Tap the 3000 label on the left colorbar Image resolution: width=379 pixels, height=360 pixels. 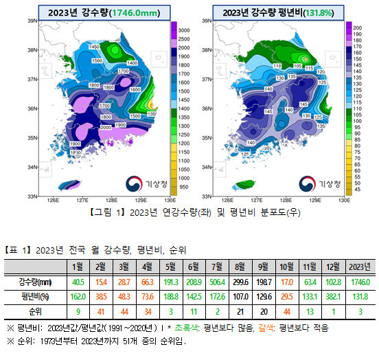[x=185, y=31]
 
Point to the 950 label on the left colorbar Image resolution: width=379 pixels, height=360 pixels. [x=183, y=186]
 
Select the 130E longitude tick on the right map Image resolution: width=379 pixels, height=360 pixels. [x=343, y=202]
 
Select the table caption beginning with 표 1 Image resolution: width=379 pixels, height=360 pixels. [x=95, y=249]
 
